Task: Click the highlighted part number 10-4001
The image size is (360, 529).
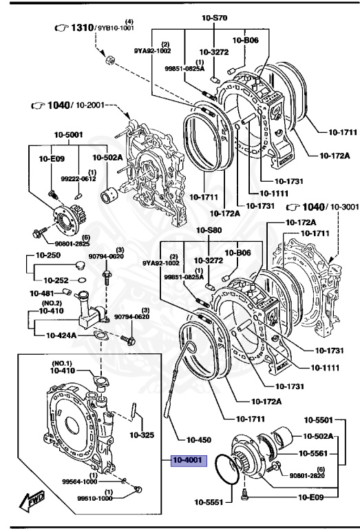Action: click(x=187, y=460)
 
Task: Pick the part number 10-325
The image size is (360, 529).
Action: click(x=142, y=435)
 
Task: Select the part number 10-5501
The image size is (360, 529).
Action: click(x=319, y=419)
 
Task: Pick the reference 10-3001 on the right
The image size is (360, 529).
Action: click(x=338, y=207)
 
